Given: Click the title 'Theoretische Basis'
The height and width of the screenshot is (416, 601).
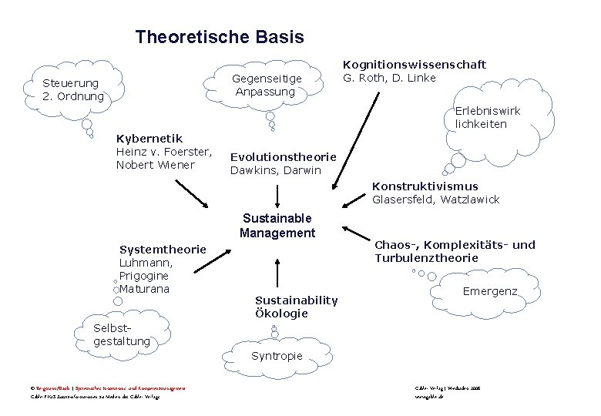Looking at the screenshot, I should [220, 36].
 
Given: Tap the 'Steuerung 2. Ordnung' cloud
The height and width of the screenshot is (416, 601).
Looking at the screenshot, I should [74, 90].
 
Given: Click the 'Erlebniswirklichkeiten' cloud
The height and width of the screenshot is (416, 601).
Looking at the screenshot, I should [487, 117].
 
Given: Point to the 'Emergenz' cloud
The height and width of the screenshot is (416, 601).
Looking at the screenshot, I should [489, 292].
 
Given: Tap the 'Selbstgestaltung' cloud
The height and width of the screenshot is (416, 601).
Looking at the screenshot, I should [120, 334].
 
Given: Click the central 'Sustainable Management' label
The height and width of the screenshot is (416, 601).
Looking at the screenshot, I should [277, 226].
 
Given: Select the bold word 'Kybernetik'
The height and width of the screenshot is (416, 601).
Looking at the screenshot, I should [149, 139].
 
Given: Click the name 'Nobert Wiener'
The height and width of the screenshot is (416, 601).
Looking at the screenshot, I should [156, 165].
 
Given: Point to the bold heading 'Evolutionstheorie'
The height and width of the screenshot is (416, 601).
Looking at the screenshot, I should [283, 156].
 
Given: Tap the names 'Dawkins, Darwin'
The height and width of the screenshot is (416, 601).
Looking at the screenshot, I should [275, 170].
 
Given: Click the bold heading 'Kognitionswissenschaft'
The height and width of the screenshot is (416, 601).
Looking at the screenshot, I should [414, 65].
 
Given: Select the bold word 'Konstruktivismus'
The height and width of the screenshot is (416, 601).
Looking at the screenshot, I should [425, 186].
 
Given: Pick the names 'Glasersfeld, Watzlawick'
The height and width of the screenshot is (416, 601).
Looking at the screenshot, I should [435, 200].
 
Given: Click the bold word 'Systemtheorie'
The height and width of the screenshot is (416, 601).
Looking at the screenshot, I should [163, 249].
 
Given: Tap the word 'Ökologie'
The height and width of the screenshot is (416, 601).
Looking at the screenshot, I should [281, 314].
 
